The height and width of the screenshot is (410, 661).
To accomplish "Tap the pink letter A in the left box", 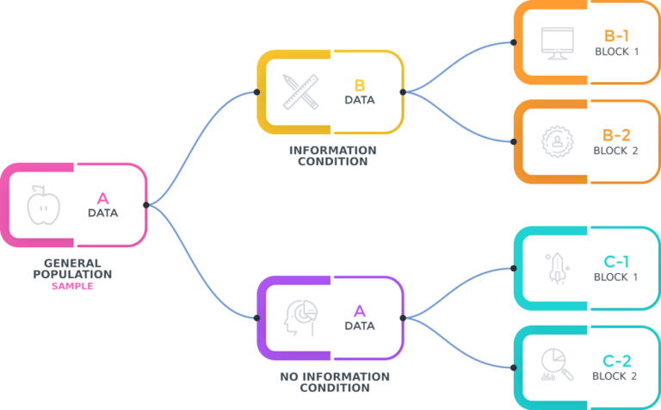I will [x=102, y=196].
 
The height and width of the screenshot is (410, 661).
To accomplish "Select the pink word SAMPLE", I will [x=71, y=285].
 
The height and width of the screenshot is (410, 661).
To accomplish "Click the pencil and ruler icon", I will [x=294, y=90].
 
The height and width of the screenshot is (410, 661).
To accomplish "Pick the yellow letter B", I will [x=360, y=85].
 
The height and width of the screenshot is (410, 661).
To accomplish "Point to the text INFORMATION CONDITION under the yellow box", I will [x=332, y=156].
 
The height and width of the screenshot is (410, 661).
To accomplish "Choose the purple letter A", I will [x=360, y=311].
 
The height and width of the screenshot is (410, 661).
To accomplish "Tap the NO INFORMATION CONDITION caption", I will [x=334, y=382].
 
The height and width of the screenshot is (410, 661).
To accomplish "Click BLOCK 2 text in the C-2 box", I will [x=616, y=376].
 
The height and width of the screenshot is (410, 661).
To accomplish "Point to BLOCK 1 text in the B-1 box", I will [x=617, y=52].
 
